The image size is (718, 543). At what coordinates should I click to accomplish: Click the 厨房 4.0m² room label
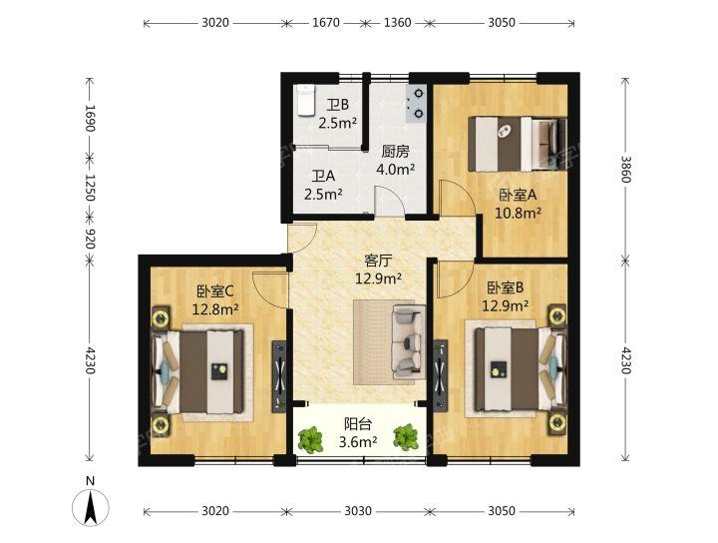(x=395, y=161)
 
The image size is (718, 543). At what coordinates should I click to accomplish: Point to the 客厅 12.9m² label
(x=380, y=270)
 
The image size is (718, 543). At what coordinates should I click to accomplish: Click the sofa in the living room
(x=407, y=342)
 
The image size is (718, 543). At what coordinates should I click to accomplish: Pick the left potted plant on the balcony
(x=310, y=437)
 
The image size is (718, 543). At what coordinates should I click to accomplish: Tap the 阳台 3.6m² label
(x=359, y=432)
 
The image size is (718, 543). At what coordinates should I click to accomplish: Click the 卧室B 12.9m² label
(x=505, y=297)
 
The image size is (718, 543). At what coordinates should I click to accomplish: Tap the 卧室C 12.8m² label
(x=216, y=300)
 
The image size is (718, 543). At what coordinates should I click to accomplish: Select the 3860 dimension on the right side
(x=625, y=169)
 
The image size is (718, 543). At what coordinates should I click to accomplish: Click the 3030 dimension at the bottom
(x=358, y=510)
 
